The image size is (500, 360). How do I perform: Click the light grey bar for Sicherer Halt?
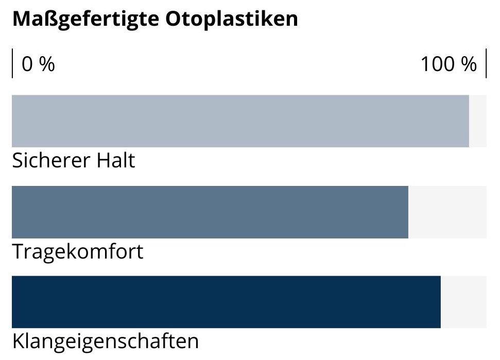(x=240, y=121)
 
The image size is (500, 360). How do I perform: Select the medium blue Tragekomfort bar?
(x=210, y=212)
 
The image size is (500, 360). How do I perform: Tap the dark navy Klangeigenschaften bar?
(x=226, y=302)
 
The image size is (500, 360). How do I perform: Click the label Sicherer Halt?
(x=73, y=161)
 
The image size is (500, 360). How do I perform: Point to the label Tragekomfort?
(x=77, y=252)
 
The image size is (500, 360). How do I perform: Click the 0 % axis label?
(x=38, y=64)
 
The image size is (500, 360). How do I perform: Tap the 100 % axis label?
(x=449, y=64)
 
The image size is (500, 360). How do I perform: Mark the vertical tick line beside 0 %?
(x=12, y=63)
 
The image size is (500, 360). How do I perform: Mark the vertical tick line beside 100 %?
(x=486, y=63)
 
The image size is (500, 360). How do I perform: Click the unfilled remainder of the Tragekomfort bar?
(x=447, y=212)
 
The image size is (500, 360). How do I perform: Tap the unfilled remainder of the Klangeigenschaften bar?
(x=463, y=302)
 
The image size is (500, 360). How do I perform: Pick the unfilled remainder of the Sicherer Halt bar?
(x=478, y=121)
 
